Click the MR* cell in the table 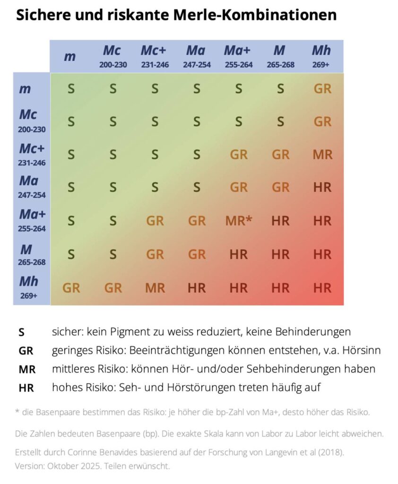coord(239,221)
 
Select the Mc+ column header coord(155,56)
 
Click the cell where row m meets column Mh coord(322,89)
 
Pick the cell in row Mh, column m coord(71,287)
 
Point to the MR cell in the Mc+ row coord(322,155)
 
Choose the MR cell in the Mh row coord(155,287)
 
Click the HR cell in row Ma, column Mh coord(322,188)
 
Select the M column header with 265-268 coord(280,56)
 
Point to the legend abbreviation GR coord(26,351)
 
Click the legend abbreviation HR coord(26,388)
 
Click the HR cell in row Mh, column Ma coord(197,287)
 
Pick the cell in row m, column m coord(71,89)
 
